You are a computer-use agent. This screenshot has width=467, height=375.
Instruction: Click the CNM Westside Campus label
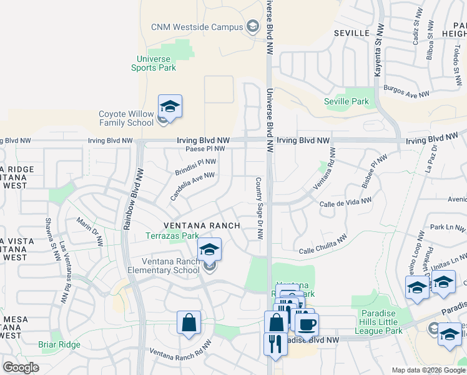(x=195, y=27)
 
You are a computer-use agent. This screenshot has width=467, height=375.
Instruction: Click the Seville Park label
(x=347, y=101)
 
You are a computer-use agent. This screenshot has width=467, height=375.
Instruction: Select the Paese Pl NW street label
(x=205, y=149)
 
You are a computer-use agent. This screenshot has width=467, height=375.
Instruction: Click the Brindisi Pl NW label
(x=195, y=166)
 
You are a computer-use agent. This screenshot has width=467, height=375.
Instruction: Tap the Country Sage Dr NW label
(x=258, y=208)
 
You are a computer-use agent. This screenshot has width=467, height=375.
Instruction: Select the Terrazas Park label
(x=172, y=236)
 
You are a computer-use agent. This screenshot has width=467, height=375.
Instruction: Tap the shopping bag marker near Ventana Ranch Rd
(x=189, y=323)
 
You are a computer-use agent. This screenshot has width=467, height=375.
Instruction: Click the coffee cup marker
(x=307, y=324)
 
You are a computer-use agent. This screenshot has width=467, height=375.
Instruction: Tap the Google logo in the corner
(x=21, y=367)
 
